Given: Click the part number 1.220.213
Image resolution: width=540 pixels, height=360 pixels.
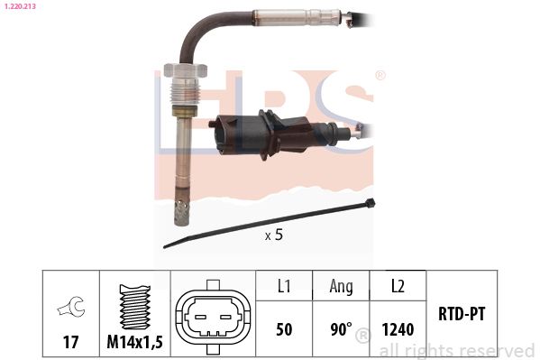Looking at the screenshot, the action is (21, 5).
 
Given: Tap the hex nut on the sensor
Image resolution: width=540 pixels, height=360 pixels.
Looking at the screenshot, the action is (186, 69).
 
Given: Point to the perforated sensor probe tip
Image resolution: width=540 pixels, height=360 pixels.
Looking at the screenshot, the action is (181, 212).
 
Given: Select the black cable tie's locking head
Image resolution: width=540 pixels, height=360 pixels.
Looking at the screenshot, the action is (371, 203).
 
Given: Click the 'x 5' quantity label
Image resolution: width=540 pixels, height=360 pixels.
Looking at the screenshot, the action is (274, 235).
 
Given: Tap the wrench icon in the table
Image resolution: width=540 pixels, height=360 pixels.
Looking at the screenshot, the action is (71, 306).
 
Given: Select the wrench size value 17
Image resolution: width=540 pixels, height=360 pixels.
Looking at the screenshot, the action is (70, 342).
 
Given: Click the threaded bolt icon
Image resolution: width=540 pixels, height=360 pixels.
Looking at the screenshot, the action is (135, 307).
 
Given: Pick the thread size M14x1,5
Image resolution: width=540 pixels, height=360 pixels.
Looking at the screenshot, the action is (134, 342).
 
